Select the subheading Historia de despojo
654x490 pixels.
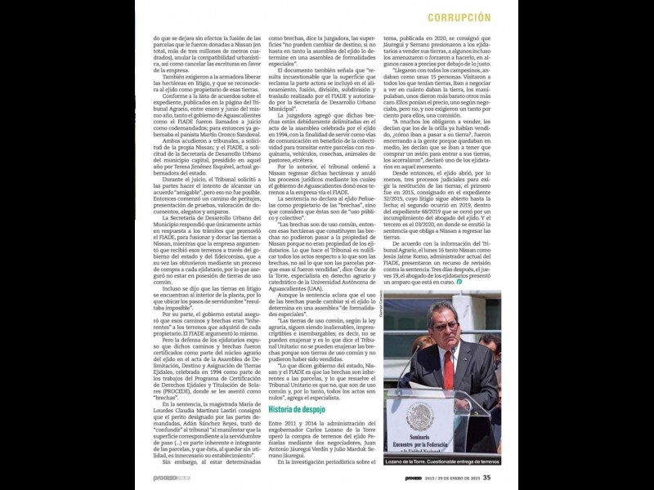[x=297, y=408]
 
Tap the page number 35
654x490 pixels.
[x=487, y=479]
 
